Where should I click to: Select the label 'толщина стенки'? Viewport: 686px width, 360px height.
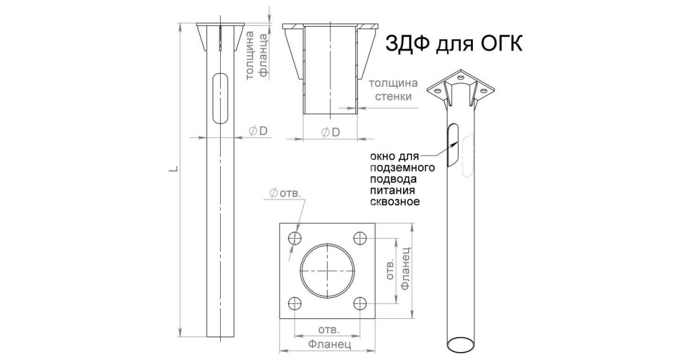click(x=394, y=90)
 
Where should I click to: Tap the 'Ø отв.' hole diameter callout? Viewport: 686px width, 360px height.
click(x=284, y=194)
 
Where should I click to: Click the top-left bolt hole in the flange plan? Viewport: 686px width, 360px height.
click(x=295, y=238)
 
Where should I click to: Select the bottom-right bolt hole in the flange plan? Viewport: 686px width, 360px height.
click(x=360, y=303)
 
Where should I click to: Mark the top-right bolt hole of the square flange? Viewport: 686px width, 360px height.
click(x=360, y=238)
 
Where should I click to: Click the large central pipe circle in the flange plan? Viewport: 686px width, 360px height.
click(x=327, y=270)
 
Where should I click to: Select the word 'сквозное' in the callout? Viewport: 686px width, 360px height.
click(x=396, y=202)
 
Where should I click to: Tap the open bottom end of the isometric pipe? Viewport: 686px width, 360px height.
click(x=461, y=343)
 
